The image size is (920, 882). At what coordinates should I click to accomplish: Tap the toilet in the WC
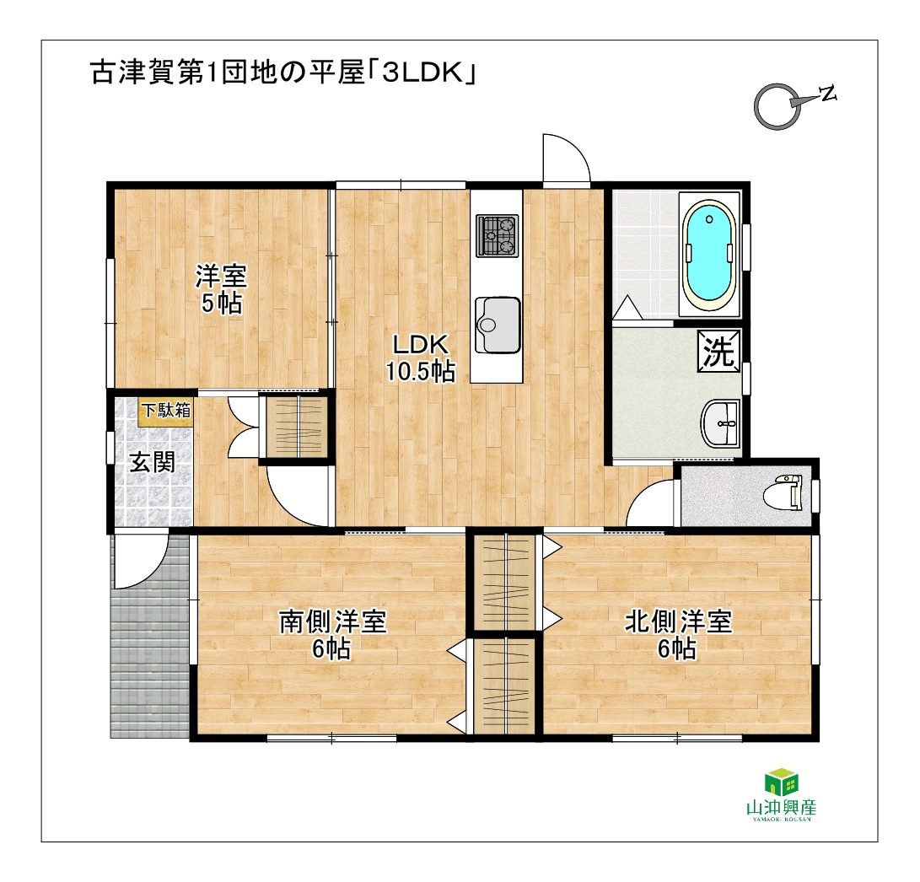(783, 493)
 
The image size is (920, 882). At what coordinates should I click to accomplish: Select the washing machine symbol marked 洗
(718, 351)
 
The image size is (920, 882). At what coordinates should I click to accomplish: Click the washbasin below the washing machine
(720, 423)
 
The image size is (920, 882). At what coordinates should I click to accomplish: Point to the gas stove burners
(497, 235)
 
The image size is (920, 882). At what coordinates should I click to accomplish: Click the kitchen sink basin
(498, 325)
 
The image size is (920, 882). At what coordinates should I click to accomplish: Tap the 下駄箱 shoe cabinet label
(166, 410)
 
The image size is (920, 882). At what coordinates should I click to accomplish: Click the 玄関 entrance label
(152, 462)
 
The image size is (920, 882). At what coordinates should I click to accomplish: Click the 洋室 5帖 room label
(221, 289)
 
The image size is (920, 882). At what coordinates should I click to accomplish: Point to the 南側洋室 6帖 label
(332, 634)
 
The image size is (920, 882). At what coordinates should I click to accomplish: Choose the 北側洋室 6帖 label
(678, 634)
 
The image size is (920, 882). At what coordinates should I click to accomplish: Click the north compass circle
(777, 106)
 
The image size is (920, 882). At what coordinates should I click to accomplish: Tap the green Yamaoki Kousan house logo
(781, 782)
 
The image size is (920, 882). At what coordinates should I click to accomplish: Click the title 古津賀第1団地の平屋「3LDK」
(282, 73)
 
